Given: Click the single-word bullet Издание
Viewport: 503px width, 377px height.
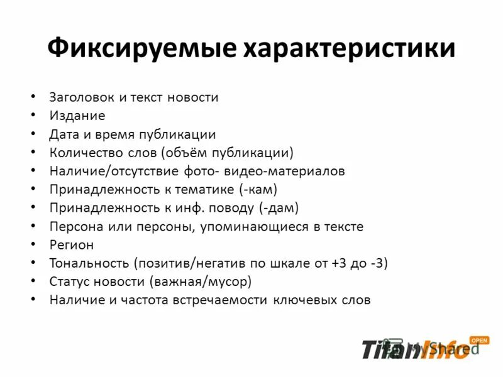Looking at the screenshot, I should (77, 116).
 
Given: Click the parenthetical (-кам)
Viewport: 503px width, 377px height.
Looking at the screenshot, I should (258, 189).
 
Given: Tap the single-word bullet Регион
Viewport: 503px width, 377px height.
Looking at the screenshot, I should (72, 244).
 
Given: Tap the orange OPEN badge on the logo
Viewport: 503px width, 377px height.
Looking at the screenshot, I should (479, 341).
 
